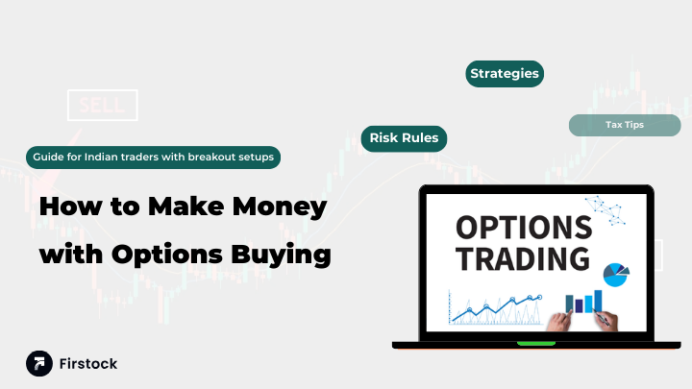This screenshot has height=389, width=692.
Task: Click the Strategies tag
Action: pyautogui.click(x=505, y=74)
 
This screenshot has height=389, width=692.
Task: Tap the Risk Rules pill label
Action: pyautogui.click(x=404, y=138)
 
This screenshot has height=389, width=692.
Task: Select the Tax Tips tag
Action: pyautogui.click(x=625, y=125)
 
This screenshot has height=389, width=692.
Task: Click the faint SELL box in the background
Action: pyautogui.click(x=102, y=105)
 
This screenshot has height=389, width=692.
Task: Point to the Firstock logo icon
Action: pyautogui.click(x=39, y=363)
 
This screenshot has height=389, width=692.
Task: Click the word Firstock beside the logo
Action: pyautogui.click(x=88, y=364)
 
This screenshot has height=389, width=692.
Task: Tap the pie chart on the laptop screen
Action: pyautogui.click(x=615, y=275)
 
